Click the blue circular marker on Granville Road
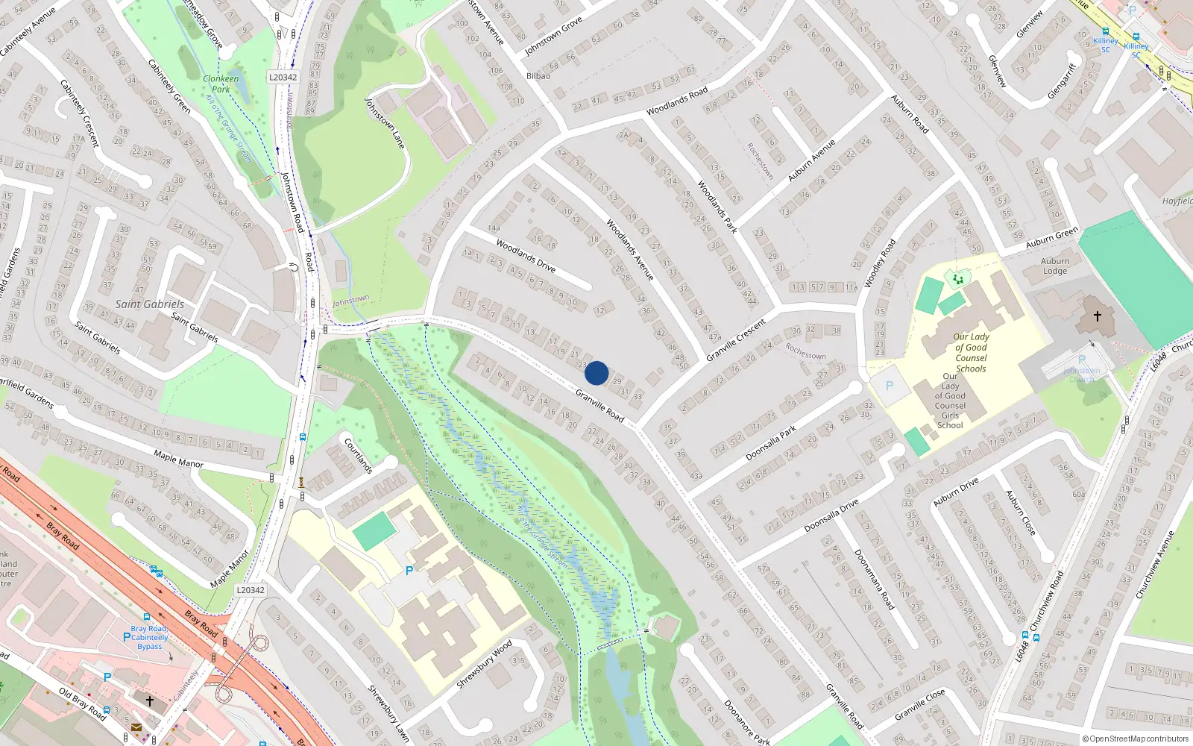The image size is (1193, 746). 596,372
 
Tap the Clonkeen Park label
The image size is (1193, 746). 221,84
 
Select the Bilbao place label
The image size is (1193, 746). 538,76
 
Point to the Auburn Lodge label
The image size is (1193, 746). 1055,266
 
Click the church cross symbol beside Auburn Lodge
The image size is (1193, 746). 1098,316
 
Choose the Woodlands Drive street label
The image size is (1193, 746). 526,256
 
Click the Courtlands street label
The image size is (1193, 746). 358,456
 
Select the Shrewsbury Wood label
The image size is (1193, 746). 484,664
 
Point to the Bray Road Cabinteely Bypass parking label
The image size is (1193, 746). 149,637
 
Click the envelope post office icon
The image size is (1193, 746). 136,727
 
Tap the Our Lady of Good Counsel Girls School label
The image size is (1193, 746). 950,401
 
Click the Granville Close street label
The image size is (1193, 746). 920,704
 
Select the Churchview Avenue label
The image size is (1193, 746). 1155,565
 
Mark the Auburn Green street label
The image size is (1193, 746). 1051,239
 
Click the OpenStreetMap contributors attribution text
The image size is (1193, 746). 1135,739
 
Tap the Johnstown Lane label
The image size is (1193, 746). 384,124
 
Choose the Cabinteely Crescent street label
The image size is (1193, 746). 79,113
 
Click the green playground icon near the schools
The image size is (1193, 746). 957,279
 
